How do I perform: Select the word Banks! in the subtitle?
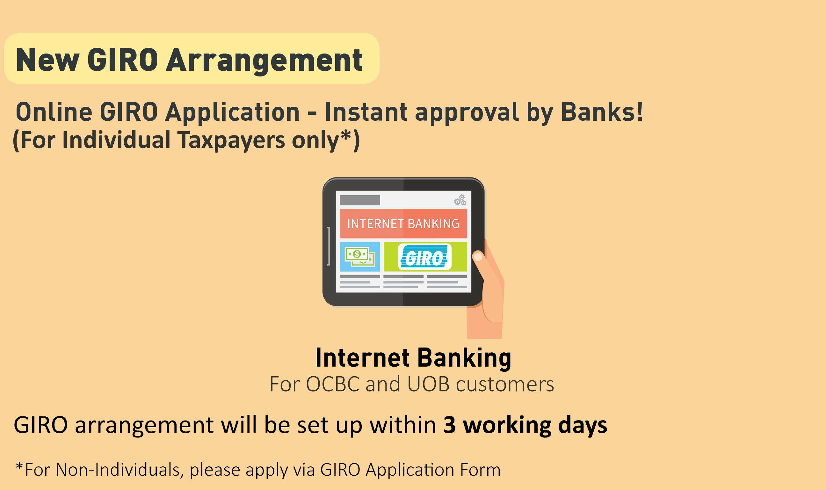click(602, 112)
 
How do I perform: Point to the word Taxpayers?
click(231, 140)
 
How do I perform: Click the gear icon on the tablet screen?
click(460, 200)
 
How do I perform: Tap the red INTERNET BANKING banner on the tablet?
click(403, 224)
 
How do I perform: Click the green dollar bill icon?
click(360, 256)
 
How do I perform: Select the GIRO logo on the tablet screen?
click(425, 257)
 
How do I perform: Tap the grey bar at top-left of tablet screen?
click(360, 200)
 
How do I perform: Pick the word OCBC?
click(333, 384)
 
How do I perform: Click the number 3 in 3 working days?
click(449, 425)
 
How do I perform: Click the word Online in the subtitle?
click(54, 112)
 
